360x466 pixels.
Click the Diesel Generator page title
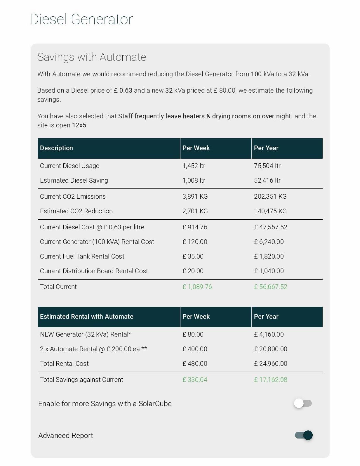[x=81, y=20]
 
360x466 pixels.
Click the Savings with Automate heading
[x=92, y=57]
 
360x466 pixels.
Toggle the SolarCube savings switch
[x=303, y=403]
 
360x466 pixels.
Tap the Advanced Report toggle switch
[x=304, y=435]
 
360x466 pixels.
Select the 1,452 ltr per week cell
[x=194, y=166]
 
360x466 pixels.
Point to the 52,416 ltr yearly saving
[x=267, y=181]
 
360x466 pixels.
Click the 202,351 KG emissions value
[x=270, y=197]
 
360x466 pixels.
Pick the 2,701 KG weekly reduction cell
[x=195, y=211]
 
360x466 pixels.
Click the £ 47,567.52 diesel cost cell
[x=270, y=227]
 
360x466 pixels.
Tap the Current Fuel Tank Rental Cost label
[x=82, y=257]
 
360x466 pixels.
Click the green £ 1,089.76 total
[x=197, y=287]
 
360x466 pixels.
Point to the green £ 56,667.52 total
[x=270, y=287]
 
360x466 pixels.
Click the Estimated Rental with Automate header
[x=86, y=317]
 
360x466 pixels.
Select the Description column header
[x=56, y=148]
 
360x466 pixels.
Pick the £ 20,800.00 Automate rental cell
[x=270, y=349]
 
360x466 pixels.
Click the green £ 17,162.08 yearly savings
[x=270, y=380]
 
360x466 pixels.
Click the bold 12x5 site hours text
[x=79, y=125]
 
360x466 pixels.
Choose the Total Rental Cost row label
[x=64, y=364]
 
